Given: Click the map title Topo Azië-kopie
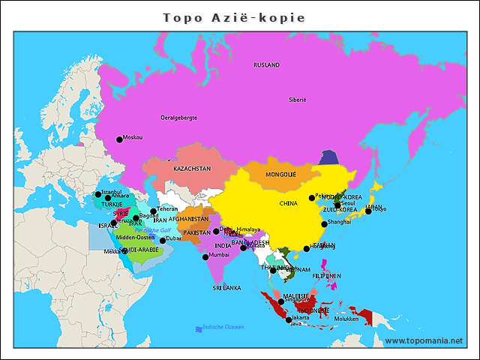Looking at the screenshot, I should tap(234, 17).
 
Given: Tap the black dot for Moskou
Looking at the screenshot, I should tap(118, 139).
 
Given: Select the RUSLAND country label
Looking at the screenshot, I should tap(266, 65).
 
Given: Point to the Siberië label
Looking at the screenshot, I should tap(297, 100).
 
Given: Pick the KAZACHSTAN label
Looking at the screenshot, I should tap(192, 169).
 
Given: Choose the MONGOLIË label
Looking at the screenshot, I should tap(281, 174).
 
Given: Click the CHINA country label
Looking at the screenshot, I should tap(289, 203).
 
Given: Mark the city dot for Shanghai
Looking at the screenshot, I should tap(324, 224).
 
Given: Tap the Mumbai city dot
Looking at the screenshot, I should tap(205, 257).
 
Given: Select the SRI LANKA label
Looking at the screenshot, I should tap(226, 287).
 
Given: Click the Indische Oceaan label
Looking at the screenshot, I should tap(223, 327).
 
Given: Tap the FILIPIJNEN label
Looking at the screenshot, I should tap(327, 276).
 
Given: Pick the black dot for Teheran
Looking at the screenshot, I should tap(153, 211).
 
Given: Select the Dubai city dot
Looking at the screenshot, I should tap(163, 241).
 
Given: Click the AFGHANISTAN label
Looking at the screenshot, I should tap(188, 219).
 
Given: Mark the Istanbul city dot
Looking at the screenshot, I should tap(97, 194).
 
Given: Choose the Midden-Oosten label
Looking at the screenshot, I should tap(135, 237).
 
